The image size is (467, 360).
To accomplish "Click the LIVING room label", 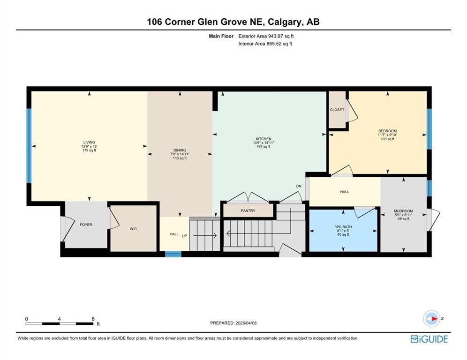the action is [x=89, y=142].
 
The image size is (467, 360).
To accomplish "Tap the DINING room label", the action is [x=180, y=150].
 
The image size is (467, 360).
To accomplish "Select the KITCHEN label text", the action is [x=264, y=139].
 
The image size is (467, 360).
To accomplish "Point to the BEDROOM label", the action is [x=387, y=131].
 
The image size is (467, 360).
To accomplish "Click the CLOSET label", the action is [x=337, y=110].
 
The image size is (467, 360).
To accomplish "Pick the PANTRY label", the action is [x=248, y=210].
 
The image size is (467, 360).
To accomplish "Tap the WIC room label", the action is [x=133, y=229].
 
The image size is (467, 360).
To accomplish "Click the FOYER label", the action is [x=86, y=225].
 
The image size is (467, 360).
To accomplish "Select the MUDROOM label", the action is [x=403, y=211].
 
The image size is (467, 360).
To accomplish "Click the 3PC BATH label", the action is [x=343, y=227].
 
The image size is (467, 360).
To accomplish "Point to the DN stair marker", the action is [x=299, y=186].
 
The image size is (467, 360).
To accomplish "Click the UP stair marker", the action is [x=184, y=236].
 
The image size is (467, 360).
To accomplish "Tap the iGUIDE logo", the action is [x=429, y=339].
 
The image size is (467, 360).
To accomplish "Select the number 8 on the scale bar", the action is [x=93, y=319].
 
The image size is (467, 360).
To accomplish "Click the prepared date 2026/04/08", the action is [x=246, y=323].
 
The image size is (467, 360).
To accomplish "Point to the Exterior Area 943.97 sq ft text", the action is [x=266, y=36].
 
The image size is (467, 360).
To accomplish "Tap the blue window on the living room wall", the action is [x=29, y=146].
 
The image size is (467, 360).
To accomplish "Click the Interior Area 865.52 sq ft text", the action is [x=265, y=44].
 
